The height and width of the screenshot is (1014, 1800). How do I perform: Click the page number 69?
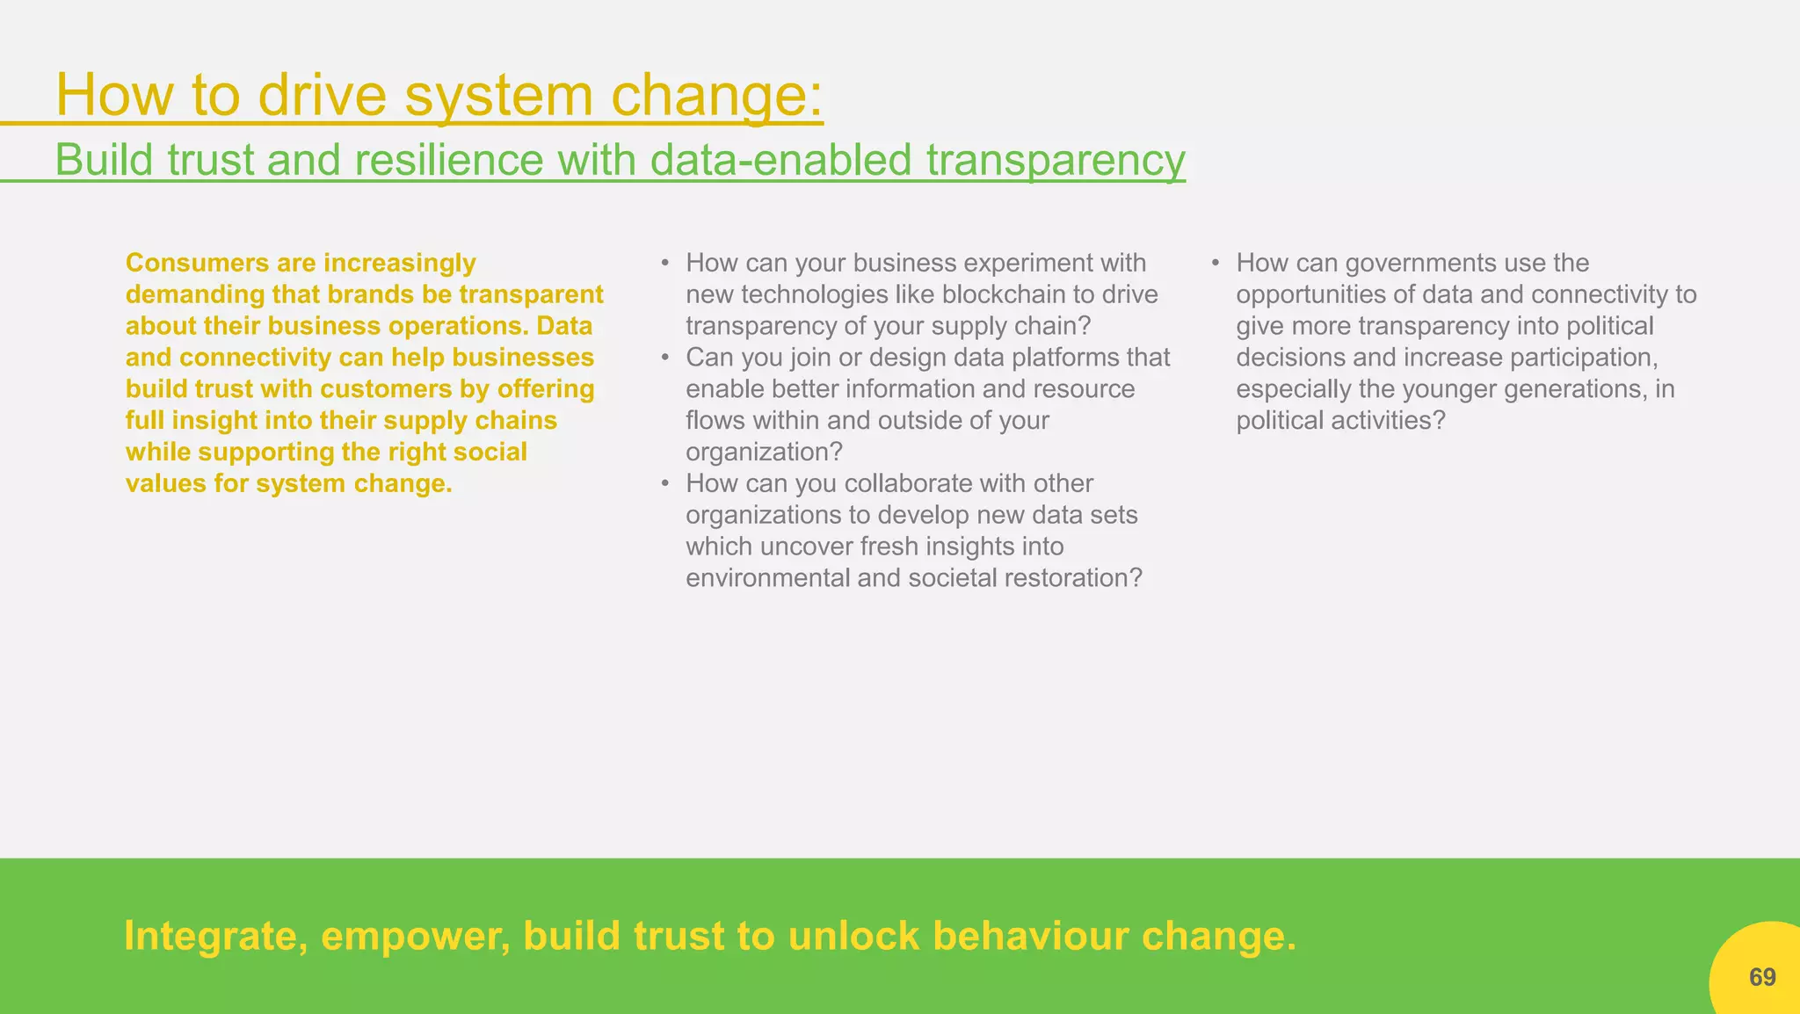click(1761, 977)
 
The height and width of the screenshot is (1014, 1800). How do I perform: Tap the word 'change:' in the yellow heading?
click(716, 95)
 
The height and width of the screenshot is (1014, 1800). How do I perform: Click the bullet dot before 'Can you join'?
click(665, 358)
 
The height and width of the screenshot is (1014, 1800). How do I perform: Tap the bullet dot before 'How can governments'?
click(1216, 263)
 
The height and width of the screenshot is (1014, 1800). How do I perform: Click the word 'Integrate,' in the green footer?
click(215, 937)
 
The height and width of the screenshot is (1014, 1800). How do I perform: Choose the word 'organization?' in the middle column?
click(764, 452)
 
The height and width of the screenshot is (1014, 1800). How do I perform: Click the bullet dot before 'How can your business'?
click(665, 263)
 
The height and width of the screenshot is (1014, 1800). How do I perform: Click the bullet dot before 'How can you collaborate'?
click(665, 483)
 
